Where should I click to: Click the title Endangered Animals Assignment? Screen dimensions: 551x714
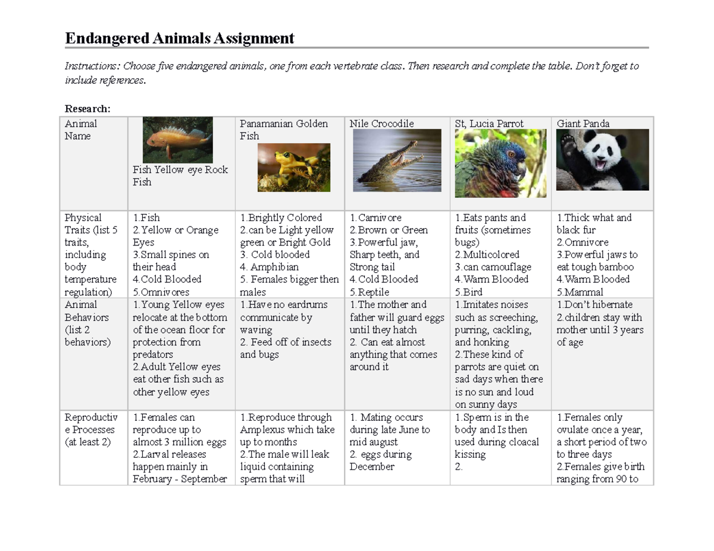[x=179, y=39]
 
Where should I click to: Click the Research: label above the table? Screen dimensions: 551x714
[x=87, y=109]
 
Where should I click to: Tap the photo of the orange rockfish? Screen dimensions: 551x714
[x=178, y=140]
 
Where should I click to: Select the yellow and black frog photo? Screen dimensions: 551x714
[x=286, y=167]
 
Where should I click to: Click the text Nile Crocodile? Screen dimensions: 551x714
[x=381, y=124]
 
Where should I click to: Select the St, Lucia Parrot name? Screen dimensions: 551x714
[x=489, y=124]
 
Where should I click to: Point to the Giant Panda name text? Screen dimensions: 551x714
[x=583, y=124]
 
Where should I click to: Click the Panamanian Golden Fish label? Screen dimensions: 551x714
[x=283, y=130]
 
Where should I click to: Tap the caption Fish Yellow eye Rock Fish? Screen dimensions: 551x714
[x=180, y=176]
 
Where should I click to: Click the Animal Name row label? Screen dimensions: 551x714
[x=80, y=130]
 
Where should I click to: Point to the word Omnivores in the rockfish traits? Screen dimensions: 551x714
[x=165, y=292]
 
